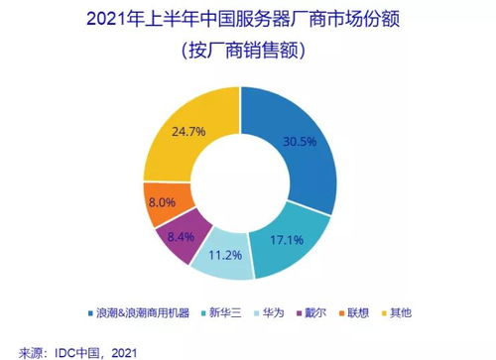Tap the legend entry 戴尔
point(318,312)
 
